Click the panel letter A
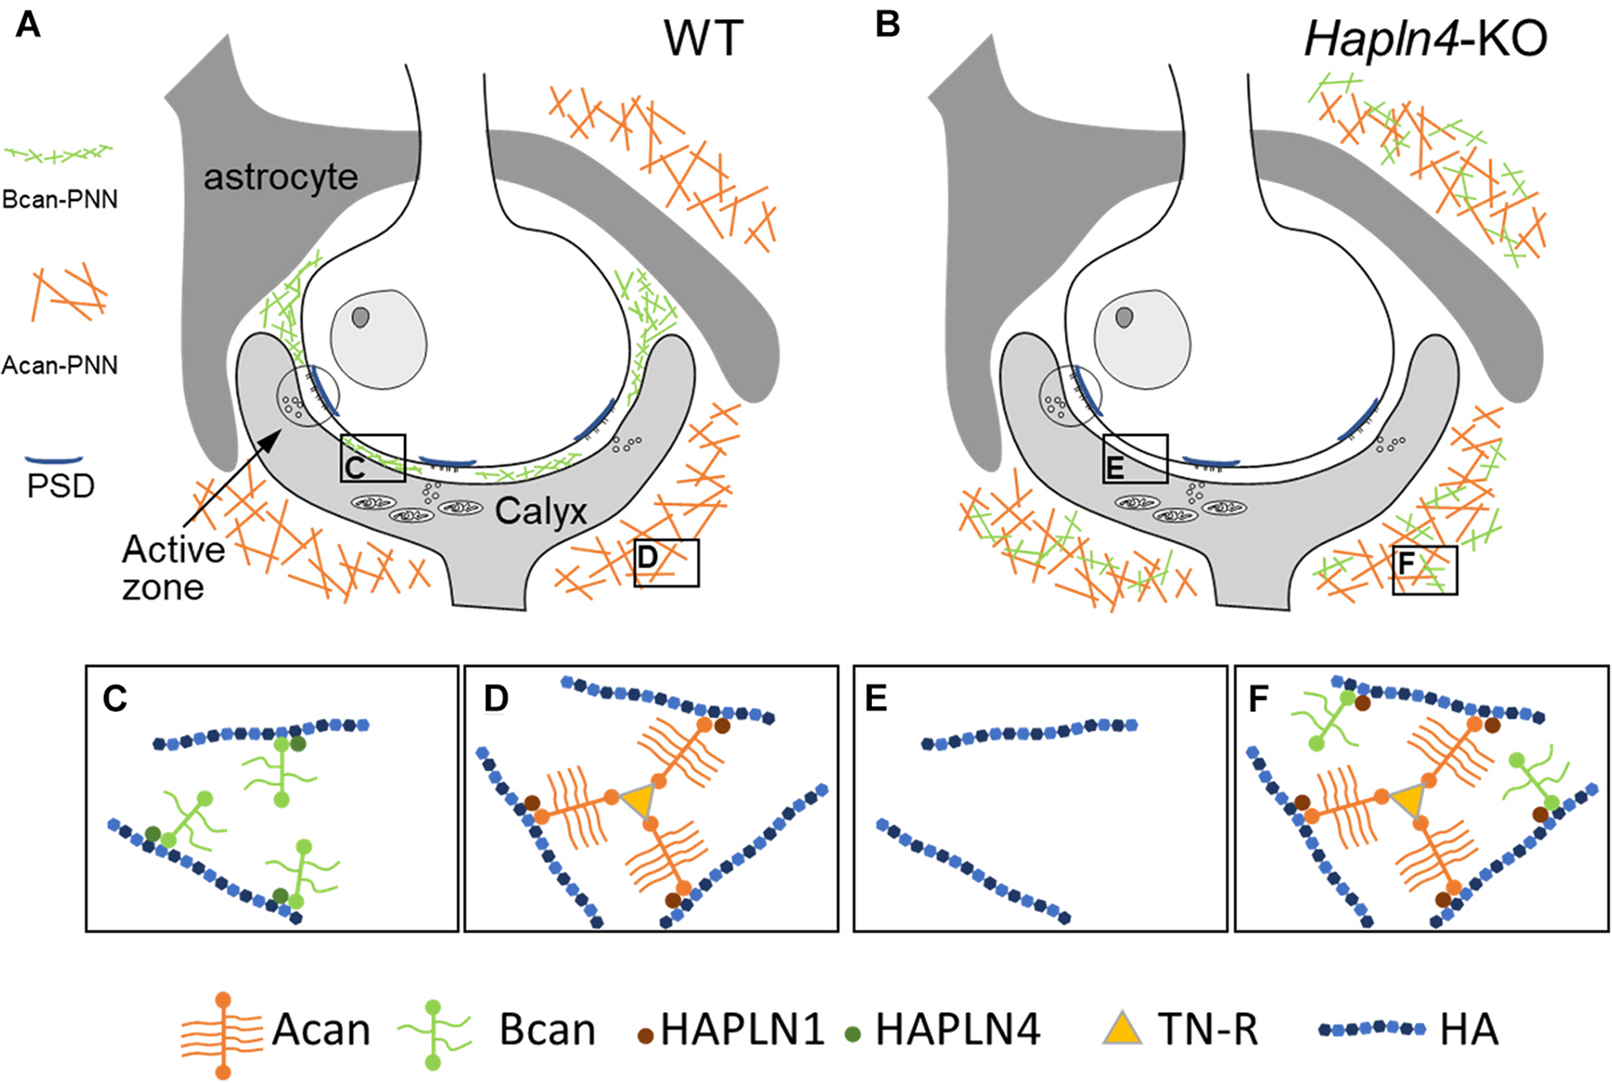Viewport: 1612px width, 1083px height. pyautogui.click(x=28, y=25)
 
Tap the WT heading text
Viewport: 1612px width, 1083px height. pyautogui.click(x=704, y=39)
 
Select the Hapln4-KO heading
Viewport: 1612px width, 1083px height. pyautogui.click(x=1425, y=39)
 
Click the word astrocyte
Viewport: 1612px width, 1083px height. pyautogui.click(x=280, y=177)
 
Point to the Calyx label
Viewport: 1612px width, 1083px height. pyautogui.click(x=541, y=511)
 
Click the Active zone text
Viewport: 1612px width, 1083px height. pyautogui.click(x=173, y=568)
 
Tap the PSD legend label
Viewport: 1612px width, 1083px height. pyautogui.click(x=60, y=486)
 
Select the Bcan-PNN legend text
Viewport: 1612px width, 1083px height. pyautogui.click(x=60, y=199)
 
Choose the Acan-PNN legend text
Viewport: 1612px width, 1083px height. pyautogui.click(x=60, y=366)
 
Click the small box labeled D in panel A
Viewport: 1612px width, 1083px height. pyautogui.click(x=666, y=562)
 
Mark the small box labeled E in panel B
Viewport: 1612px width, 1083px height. pyautogui.click(x=1134, y=459)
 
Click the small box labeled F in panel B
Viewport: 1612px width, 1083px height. pyautogui.click(x=1424, y=570)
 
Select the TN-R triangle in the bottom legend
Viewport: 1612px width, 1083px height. pyautogui.click(x=1122, y=1028)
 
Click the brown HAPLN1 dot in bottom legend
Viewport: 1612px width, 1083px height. pyautogui.click(x=645, y=1036)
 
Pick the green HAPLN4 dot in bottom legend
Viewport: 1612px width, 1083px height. pyautogui.click(x=852, y=1035)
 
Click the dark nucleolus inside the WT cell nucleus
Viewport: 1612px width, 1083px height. pyautogui.click(x=361, y=318)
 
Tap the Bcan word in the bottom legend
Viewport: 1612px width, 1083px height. pyautogui.click(x=547, y=1030)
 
